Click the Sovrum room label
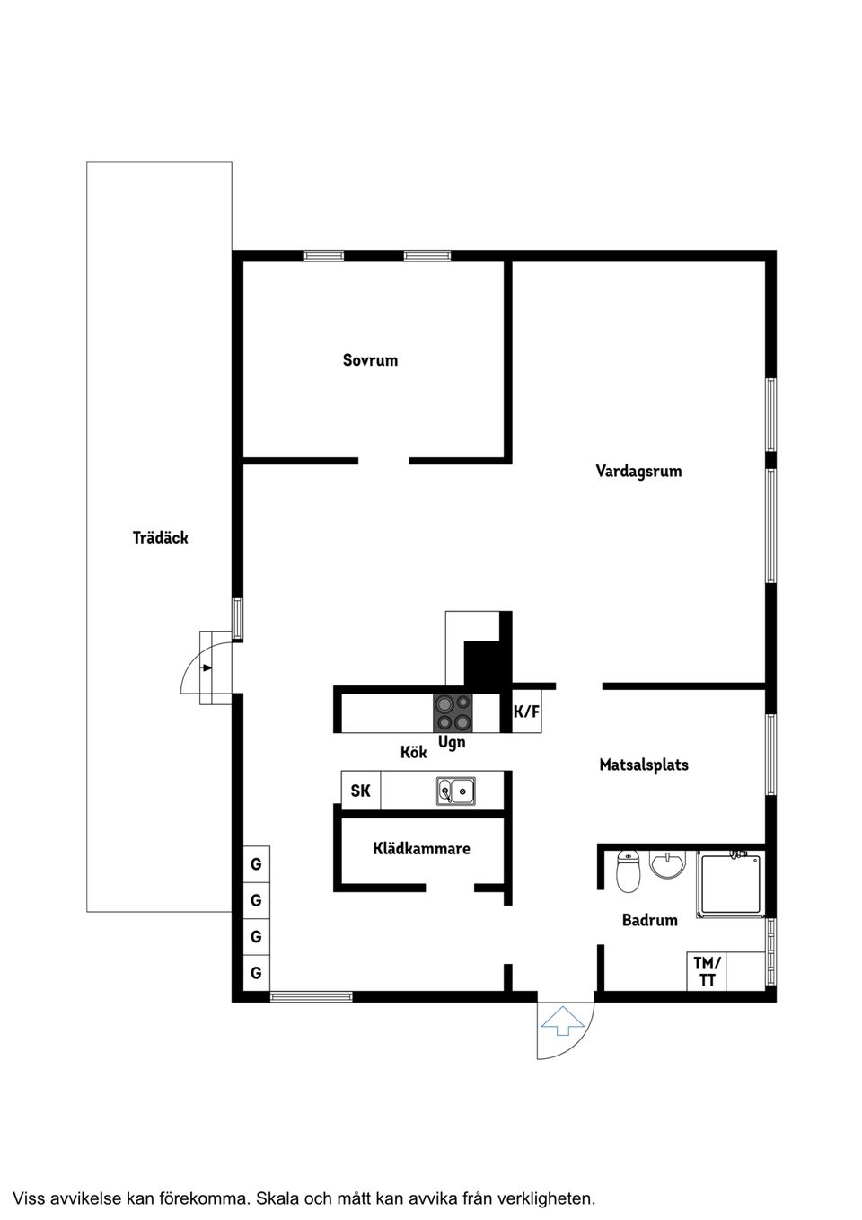point(370,360)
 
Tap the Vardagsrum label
point(638,471)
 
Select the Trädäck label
point(160,538)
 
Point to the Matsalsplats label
point(644,765)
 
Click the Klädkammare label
point(421,848)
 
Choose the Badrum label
point(649,920)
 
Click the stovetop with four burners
point(453,712)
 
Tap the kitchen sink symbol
point(456,791)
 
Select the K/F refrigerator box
point(527,712)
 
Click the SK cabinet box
point(360,791)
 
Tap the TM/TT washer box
point(707,972)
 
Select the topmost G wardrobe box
point(257,864)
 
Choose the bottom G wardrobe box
point(257,972)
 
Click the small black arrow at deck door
point(207,667)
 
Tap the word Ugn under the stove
point(452,743)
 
